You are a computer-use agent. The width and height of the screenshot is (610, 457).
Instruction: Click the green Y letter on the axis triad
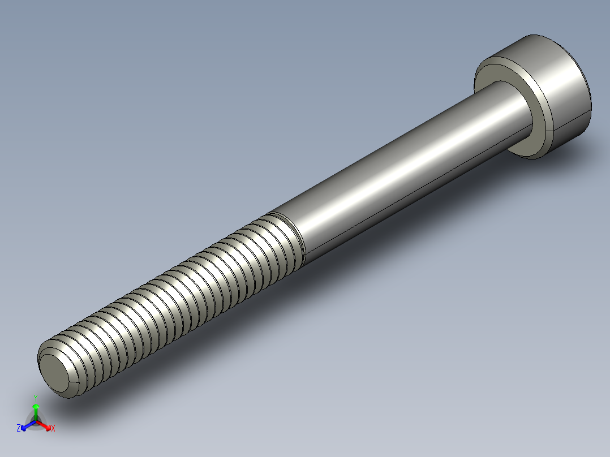pyautogui.click(x=35, y=397)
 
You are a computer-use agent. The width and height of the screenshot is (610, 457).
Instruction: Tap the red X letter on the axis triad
pyautogui.click(x=53, y=429)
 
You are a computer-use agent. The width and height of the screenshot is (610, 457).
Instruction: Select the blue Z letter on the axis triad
pyautogui.click(x=19, y=428)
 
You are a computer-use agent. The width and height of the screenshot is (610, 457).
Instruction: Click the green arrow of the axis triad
pyautogui.click(x=36, y=409)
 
